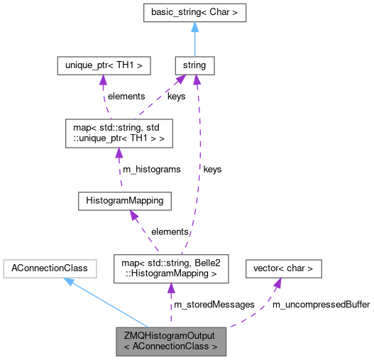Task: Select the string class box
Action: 194,65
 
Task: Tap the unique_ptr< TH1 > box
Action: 104,65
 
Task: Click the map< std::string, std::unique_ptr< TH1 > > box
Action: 119,133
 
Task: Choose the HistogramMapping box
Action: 124,201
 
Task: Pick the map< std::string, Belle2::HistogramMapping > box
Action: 171,268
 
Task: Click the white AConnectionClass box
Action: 45,268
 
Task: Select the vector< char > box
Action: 283,268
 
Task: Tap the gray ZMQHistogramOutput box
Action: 171,341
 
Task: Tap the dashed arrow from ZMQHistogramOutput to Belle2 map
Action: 171,305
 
